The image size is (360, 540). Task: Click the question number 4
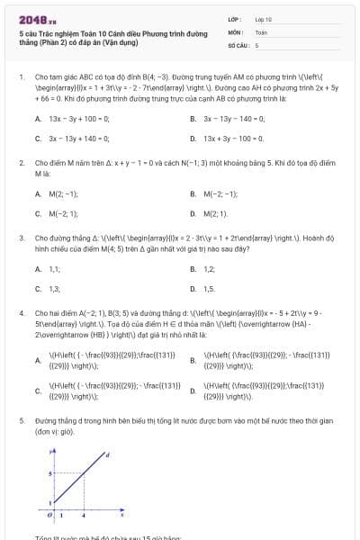(21, 310)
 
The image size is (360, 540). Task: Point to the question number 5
(21, 420)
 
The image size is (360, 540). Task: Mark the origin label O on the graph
(51, 515)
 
